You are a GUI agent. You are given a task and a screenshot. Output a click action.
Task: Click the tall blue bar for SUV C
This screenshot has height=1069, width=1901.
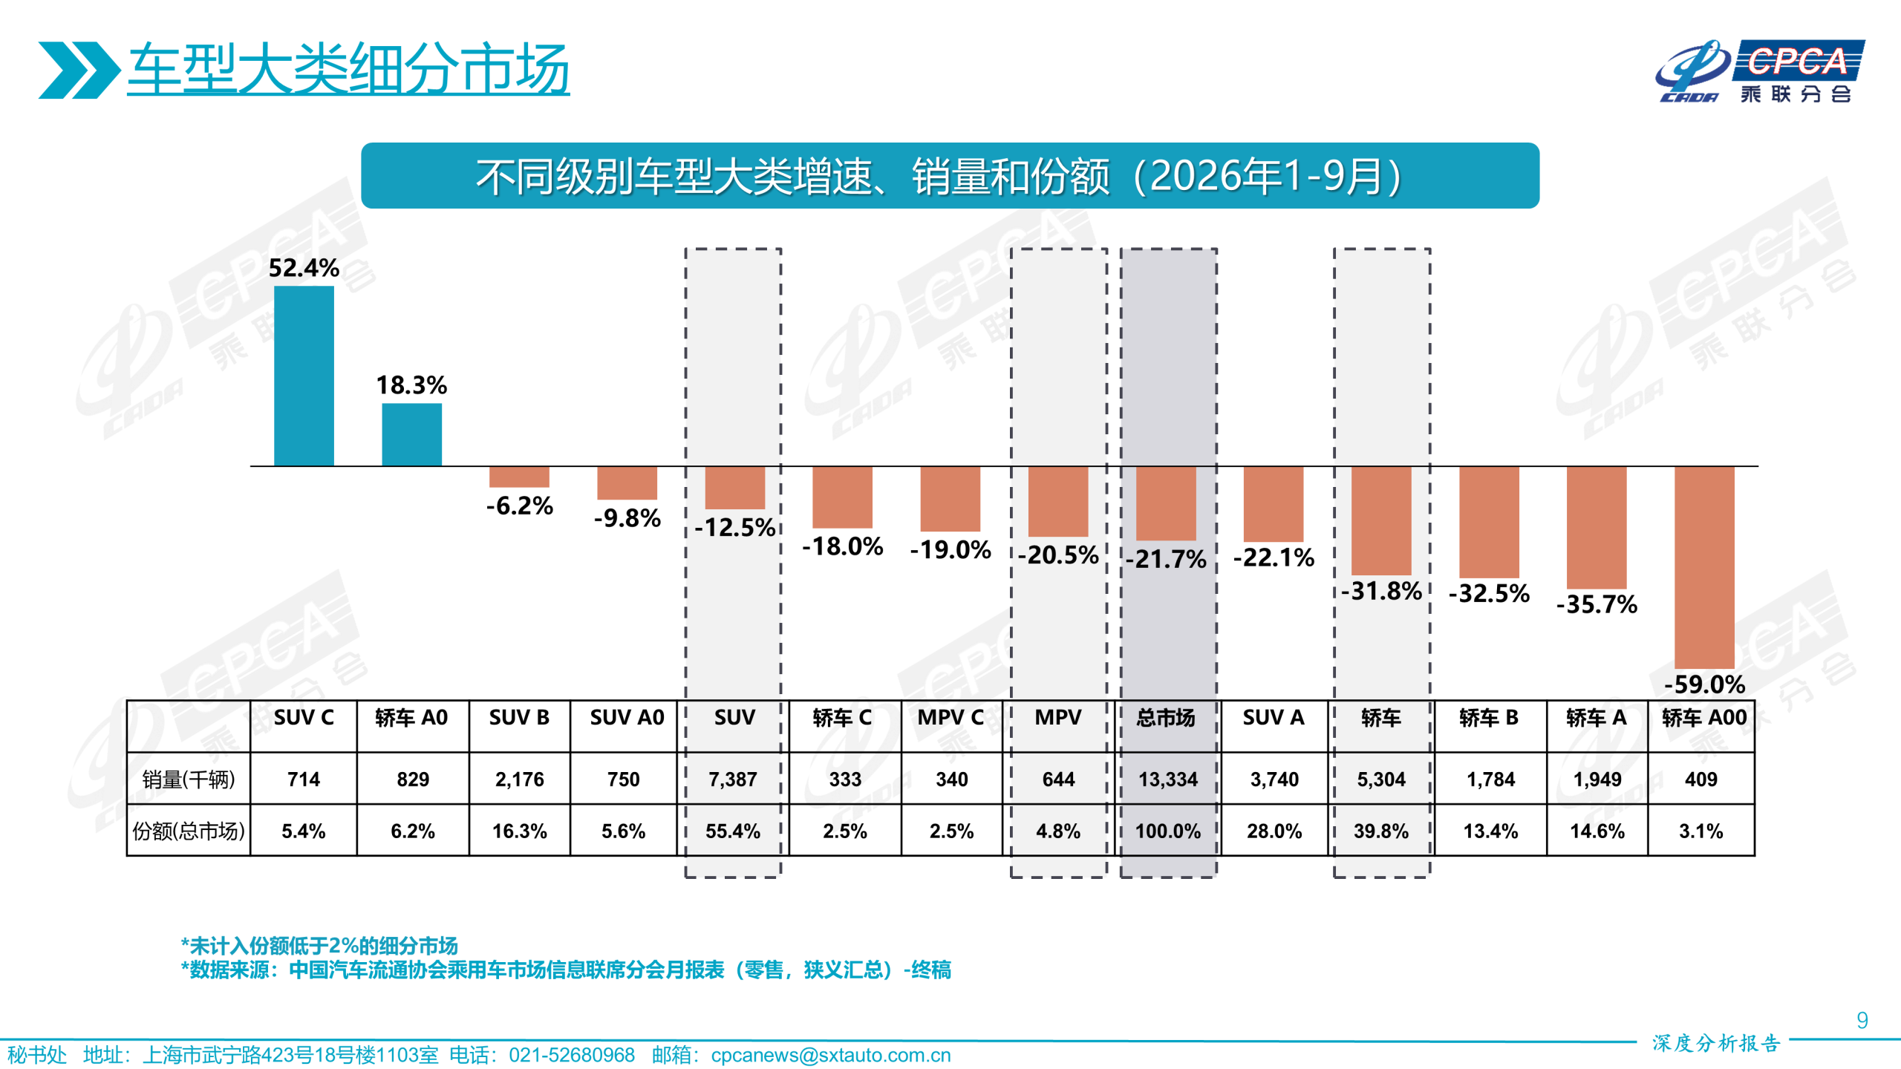click(x=304, y=376)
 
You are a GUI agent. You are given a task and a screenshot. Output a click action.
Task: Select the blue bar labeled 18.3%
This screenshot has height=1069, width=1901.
click(x=411, y=434)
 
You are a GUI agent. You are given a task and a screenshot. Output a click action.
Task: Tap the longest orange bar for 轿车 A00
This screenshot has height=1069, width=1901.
click(x=1704, y=567)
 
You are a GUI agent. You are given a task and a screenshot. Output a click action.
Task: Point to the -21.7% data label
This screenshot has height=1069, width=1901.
click(x=1166, y=558)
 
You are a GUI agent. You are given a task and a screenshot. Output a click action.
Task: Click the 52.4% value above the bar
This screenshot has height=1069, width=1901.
click(x=304, y=267)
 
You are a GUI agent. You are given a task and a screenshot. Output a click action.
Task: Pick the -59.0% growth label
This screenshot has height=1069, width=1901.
click(x=1704, y=684)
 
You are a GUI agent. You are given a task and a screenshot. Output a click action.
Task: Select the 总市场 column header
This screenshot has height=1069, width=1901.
click(x=1166, y=718)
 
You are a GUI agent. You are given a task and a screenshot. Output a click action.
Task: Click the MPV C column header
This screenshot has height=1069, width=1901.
click(x=950, y=718)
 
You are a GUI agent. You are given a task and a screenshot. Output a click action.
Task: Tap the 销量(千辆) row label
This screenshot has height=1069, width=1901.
click(x=189, y=779)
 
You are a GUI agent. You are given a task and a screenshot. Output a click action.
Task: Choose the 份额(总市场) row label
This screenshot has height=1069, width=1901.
click(x=189, y=831)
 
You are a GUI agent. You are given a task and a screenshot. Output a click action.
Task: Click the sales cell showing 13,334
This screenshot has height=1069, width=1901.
click(x=1168, y=779)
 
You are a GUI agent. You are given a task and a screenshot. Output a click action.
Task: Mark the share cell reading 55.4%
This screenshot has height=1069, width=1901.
click(x=733, y=831)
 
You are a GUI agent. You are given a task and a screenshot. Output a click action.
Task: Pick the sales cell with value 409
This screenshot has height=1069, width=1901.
click(x=1701, y=779)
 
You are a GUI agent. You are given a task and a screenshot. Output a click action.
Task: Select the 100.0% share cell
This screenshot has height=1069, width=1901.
click(x=1168, y=831)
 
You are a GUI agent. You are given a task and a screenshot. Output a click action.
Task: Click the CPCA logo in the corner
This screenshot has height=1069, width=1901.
click(x=1760, y=71)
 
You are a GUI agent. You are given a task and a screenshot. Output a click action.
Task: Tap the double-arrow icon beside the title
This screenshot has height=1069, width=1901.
click(x=79, y=70)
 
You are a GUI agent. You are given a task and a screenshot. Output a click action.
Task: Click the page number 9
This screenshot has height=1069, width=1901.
click(x=1862, y=1020)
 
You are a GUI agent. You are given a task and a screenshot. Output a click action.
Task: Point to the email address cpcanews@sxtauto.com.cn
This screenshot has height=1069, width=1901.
click(x=830, y=1055)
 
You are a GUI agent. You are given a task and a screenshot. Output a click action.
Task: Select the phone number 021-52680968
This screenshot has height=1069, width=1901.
click(x=572, y=1055)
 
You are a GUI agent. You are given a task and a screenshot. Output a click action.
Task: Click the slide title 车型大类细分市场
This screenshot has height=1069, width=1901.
click(x=348, y=68)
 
